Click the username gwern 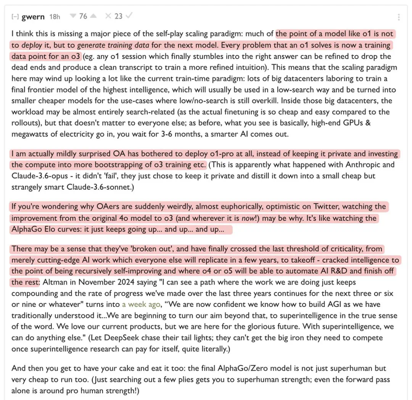pos(33,17)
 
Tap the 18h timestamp pos(55,17)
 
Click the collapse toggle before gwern pos(15,17)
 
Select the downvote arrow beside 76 pos(73,16)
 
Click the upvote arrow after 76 pos(93,16)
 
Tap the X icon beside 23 pos(108,16)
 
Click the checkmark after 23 pos(129,16)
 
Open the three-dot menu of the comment pos(399,17)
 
